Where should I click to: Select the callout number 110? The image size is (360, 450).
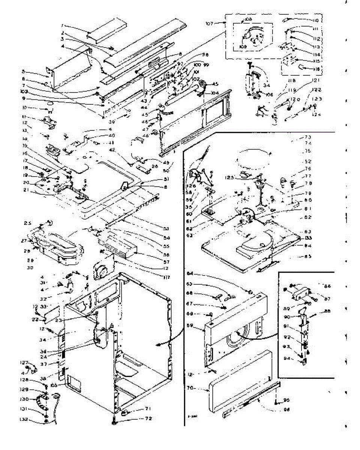point(315,20)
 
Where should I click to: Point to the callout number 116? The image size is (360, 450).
point(315,70)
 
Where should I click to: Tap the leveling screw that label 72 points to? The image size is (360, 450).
point(113,421)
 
